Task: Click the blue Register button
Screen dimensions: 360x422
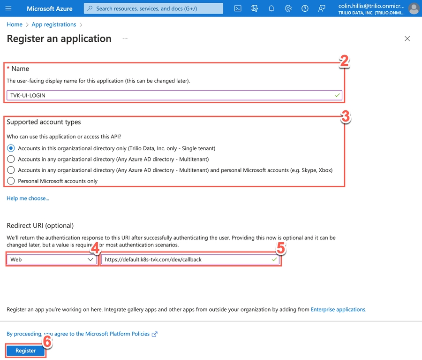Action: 25,351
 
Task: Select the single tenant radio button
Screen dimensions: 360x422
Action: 11,148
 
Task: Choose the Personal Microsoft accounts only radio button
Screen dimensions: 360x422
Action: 11,181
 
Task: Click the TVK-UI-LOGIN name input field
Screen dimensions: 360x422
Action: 173,95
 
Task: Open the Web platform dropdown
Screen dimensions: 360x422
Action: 52,260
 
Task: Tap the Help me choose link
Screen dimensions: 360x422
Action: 28,199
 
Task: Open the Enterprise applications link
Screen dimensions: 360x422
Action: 338,310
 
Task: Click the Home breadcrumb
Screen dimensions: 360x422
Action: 15,24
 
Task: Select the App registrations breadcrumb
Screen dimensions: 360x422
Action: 53,24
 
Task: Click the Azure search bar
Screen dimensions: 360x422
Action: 153,8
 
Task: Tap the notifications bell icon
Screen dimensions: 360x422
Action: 271,8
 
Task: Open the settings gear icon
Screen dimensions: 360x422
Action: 288,8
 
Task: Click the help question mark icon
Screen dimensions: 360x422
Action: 305,8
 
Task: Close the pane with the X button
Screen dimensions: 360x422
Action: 407,39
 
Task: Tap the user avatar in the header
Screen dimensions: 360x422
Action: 414,8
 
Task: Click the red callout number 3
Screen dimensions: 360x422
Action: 345,116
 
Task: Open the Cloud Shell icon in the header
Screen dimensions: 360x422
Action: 238,8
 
